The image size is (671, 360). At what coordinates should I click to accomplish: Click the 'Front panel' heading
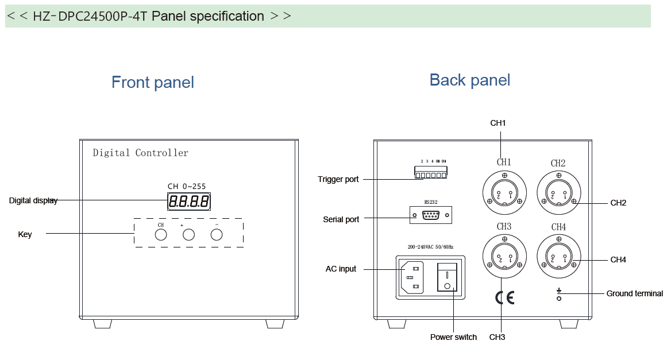click(153, 83)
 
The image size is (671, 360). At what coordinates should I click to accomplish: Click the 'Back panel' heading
click(470, 80)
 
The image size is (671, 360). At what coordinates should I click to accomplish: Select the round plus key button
click(188, 235)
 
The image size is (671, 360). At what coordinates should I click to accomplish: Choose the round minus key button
click(216, 235)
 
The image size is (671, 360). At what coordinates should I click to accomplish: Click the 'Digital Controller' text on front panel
click(141, 153)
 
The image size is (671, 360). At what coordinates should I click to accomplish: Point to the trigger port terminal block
click(431, 175)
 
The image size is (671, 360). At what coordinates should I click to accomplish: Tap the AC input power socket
click(411, 278)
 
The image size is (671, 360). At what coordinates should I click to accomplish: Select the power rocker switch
click(448, 277)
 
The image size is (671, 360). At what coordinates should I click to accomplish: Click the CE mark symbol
click(504, 297)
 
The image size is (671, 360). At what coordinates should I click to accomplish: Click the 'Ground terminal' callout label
click(634, 294)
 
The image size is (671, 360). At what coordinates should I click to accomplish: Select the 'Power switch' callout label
click(453, 338)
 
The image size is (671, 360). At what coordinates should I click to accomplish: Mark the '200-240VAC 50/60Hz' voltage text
click(430, 247)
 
